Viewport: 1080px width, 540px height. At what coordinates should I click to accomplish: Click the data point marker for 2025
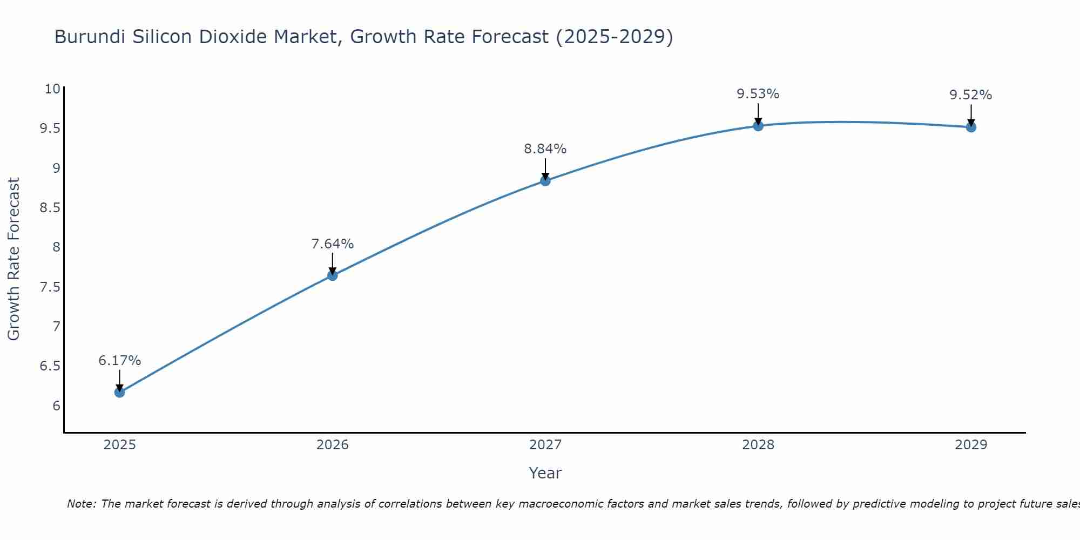point(119,392)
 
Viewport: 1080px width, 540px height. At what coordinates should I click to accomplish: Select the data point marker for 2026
point(332,275)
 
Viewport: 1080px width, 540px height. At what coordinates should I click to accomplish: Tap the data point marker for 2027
point(545,180)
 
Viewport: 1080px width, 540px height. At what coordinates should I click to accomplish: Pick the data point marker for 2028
point(758,126)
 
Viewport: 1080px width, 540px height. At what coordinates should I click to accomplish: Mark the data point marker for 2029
point(971,127)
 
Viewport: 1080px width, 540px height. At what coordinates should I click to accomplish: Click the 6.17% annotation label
point(119,360)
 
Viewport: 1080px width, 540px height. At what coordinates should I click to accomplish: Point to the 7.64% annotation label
point(332,244)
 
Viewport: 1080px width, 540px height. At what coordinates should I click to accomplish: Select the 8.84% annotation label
point(545,148)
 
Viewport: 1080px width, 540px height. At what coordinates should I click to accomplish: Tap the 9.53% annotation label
point(758,94)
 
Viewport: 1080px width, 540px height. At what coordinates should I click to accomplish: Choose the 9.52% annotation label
point(971,95)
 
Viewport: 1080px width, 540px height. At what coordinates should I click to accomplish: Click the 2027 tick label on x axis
point(545,445)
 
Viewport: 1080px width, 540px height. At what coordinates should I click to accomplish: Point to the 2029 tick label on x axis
point(971,445)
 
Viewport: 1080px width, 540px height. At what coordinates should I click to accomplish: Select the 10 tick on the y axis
point(52,89)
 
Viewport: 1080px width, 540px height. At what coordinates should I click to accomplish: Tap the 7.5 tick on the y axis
point(50,287)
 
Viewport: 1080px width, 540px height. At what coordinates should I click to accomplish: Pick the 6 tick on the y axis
point(56,406)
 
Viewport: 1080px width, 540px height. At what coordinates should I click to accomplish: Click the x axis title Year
point(545,473)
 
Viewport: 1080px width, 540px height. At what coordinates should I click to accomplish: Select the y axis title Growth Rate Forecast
point(13,259)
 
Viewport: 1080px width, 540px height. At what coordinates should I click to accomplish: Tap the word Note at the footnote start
point(80,504)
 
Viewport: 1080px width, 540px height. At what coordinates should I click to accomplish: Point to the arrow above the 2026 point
point(332,264)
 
